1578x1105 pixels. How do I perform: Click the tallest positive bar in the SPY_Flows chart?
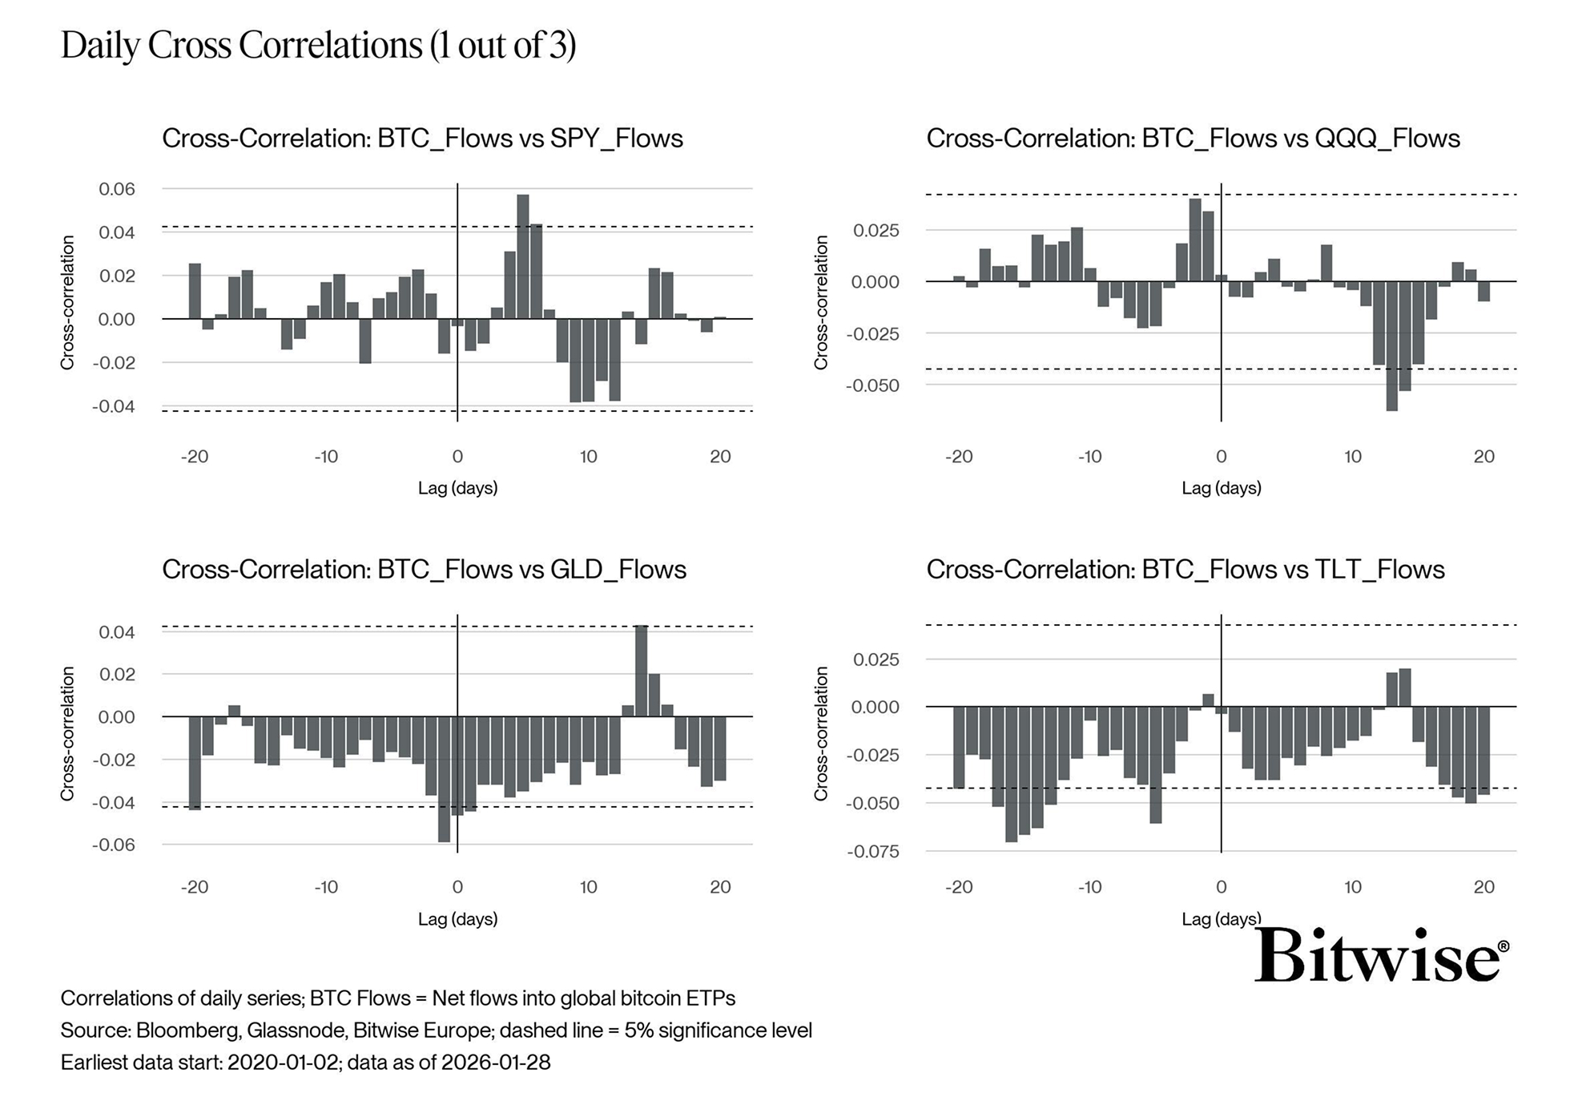(x=523, y=256)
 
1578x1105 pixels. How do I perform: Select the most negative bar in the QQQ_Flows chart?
(x=1391, y=346)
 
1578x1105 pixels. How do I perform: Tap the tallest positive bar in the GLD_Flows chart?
(x=641, y=671)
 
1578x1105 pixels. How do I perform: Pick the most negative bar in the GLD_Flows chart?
(x=444, y=779)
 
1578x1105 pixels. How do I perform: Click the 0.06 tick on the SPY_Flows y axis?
(x=117, y=189)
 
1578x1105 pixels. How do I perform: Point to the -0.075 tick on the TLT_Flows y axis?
(x=873, y=852)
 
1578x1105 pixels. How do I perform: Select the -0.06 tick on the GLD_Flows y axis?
(x=114, y=845)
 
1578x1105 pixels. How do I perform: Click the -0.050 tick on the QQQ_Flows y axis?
(x=873, y=385)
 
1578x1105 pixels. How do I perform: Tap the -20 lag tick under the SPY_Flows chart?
(x=195, y=457)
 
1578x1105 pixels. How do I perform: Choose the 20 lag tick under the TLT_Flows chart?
(x=1483, y=887)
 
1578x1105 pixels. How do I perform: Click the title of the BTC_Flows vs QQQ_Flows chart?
(x=1193, y=139)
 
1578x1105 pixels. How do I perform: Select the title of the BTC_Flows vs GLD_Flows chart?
(x=424, y=570)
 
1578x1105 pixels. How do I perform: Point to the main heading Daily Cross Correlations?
(x=318, y=45)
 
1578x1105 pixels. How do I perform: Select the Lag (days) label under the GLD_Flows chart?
(x=457, y=919)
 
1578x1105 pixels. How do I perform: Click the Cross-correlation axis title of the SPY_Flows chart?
(x=67, y=303)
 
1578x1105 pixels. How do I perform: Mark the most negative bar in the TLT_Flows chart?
(x=1011, y=774)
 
